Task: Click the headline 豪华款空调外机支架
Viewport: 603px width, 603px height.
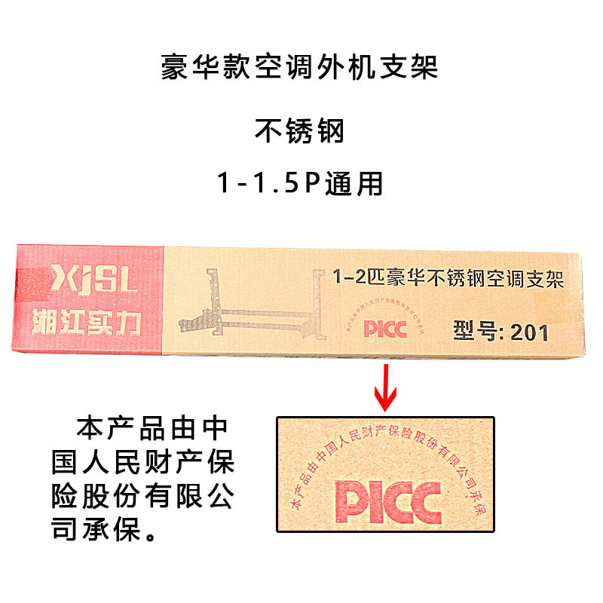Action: coord(300,69)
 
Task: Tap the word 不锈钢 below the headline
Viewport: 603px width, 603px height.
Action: coord(300,131)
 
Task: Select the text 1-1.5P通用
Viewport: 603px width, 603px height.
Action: coord(300,183)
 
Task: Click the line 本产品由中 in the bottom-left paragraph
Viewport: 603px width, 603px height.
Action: coord(151,429)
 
